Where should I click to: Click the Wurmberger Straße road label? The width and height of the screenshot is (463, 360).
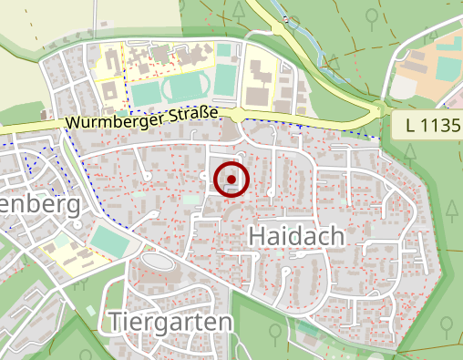pyautogui.click(x=141, y=118)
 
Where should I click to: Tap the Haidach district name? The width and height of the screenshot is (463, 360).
pyautogui.click(x=296, y=237)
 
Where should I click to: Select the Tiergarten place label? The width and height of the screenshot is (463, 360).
pyautogui.click(x=170, y=322)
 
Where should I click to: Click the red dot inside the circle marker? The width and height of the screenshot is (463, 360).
pyautogui.click(x=231, y=180)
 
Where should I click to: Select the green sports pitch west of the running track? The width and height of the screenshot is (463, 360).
pyautogui.click(x=145, y=93)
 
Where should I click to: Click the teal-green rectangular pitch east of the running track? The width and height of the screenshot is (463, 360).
pyautogui.click(x=224, y=81)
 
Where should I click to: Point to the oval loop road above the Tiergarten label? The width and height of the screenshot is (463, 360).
pyautogui.click(x=157, y=262)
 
